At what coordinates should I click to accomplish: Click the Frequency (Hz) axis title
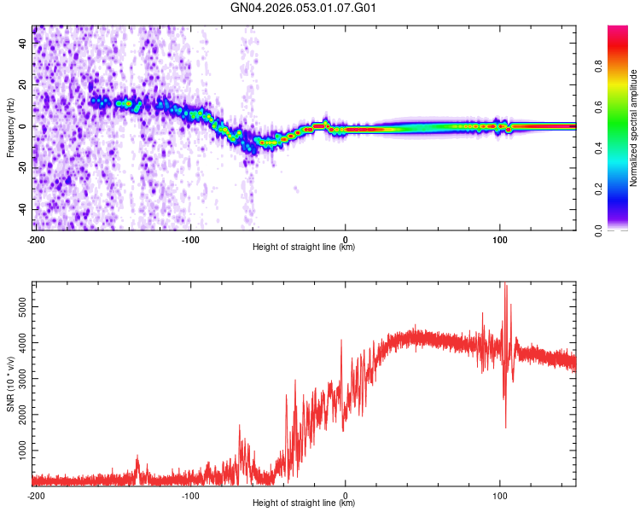coord(10,128)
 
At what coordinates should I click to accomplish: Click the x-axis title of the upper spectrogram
coord(304,247)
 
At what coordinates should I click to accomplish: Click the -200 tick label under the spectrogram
coord(36,239)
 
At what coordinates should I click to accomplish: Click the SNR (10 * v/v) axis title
coord(10,384)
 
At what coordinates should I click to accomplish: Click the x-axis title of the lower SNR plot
coord(304,503)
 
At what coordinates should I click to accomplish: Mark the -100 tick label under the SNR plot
coord(190,495)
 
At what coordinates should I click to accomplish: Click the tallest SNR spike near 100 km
coord(506,285)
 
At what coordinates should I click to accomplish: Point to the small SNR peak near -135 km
coord(137,457)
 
